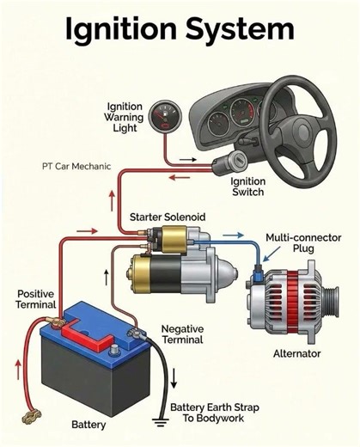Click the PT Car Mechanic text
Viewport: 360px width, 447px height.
click(76, 166)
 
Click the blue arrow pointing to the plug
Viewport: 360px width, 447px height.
click(268, 256)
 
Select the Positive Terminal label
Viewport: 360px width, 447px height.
click(35, 299)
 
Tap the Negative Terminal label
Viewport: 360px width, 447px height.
click(183, 334)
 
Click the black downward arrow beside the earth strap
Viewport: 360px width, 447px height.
click(174, 377)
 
